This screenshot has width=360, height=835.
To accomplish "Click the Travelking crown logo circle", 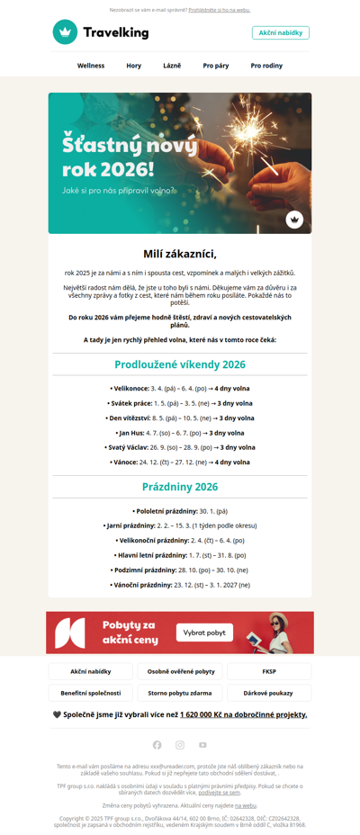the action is (x=65, y=32).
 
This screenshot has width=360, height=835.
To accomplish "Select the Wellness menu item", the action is (x=91, y=66).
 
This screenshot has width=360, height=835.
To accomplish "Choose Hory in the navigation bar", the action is (x=134, y=66).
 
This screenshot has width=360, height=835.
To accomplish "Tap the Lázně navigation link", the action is (x=172, y=66).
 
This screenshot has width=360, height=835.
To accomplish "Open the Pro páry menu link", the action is (x=215, y=66).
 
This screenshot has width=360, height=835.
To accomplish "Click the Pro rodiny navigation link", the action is (x=266, y=66).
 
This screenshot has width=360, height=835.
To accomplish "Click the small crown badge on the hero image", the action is (x=294, y=219).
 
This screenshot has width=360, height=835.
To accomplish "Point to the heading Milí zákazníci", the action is (x=180, y=254).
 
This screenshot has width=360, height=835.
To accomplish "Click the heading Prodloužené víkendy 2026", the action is (x=180, y=364).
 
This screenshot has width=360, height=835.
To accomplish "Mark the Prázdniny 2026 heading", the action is (x=180, y=487).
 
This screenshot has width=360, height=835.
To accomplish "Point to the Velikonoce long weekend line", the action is (x=180, y=389).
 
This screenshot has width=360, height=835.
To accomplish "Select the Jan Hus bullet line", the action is (x=180, y=433).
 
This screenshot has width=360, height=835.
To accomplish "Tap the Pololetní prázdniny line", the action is (x=180, y=511).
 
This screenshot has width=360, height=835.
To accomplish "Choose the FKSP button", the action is (x=269, y=671).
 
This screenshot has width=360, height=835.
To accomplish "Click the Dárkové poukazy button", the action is (x=269, y=693).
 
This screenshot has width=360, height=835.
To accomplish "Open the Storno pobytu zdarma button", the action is (x=180, y=693).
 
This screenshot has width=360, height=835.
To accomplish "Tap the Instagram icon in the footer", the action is (x=180, y=745).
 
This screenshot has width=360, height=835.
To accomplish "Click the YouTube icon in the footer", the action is (x=202, y=745).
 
